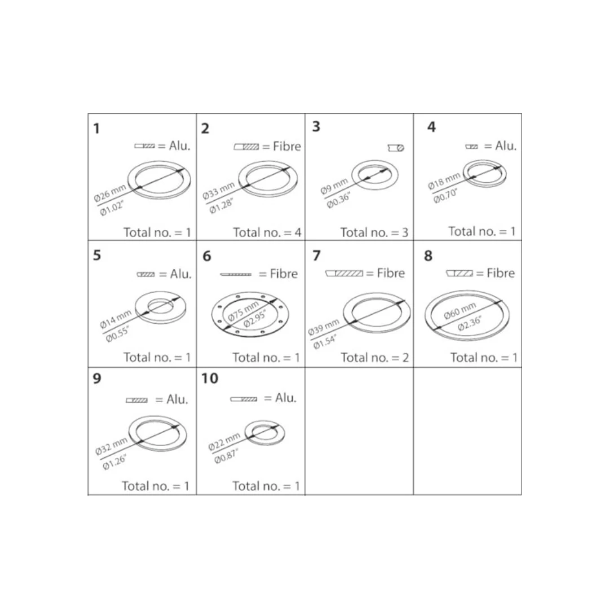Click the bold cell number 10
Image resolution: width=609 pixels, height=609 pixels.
pyautogui.click(x=210, y=378)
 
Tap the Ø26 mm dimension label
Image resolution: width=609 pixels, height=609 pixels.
pyautogui.click(x=110, y=193)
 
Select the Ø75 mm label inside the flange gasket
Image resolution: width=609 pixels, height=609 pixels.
pyautogui.click(x=243, y=311)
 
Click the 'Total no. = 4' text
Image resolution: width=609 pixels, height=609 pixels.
pyautogui.click(x=267, y=232)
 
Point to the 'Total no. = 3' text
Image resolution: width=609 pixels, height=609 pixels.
pyautogui.click(x=374, y=232)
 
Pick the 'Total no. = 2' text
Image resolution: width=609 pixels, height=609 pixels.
pyautogui.click(x=374, y=358)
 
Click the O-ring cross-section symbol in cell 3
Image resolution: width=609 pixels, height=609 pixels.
pyautogui.click(x=396, y=148)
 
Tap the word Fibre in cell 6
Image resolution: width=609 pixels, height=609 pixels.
pyautogui.click(x=284, y=274)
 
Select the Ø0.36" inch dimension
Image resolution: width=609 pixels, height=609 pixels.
pyautogui.click(x=339, y=200)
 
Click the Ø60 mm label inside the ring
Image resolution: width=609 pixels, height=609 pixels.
pyautogui.click(x=460, y=311)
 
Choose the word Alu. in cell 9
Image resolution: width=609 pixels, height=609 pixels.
pyautogui.click(x=177, y=399)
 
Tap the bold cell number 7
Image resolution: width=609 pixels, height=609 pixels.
pyautogui.click(x=316, y=255)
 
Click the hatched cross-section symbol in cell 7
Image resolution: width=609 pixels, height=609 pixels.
pyautogui.click(x=344, y=273)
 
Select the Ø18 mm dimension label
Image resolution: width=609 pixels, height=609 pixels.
pyautogui.click(x=444, y=181)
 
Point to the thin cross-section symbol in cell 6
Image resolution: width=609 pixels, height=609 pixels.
pyautogui.click(x=236, y=274)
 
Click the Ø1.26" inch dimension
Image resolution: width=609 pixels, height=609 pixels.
pyautogui.click(x=114, y=462)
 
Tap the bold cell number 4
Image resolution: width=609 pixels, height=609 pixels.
pyautogui.click(x=431, y=127)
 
